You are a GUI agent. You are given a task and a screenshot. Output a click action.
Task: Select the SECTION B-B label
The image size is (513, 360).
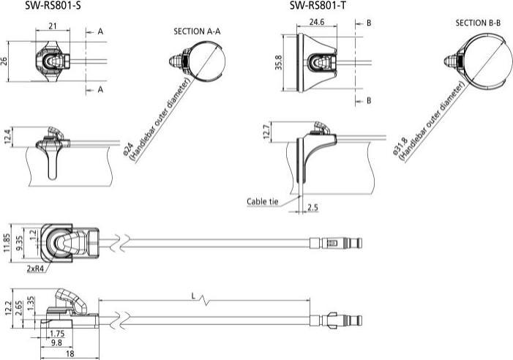click(x=478, y=23)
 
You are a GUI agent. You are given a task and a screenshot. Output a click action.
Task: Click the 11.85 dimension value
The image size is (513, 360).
click(x=7, y=242)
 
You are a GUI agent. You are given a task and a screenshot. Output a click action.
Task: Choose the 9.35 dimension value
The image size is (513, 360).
click(x=20, y=242)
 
